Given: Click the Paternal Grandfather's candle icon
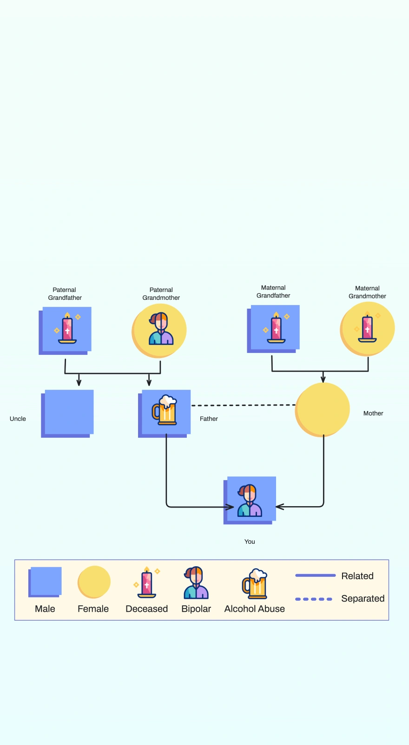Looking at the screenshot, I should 67,328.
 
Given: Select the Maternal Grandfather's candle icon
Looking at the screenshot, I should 276,328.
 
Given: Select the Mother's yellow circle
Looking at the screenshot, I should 323,409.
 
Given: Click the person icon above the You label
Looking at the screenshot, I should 250,501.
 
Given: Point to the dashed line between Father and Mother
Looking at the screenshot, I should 243,406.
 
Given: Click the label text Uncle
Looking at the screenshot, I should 18,419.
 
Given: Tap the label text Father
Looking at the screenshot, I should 209,419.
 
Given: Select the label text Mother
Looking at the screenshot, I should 373,413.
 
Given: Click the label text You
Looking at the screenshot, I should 250,542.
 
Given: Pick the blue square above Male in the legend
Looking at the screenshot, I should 46,581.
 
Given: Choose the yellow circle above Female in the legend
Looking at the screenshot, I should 94,582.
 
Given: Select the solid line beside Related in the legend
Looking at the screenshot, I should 315,576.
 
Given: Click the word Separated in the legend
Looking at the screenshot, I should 363,598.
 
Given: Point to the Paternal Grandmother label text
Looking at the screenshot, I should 161,294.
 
